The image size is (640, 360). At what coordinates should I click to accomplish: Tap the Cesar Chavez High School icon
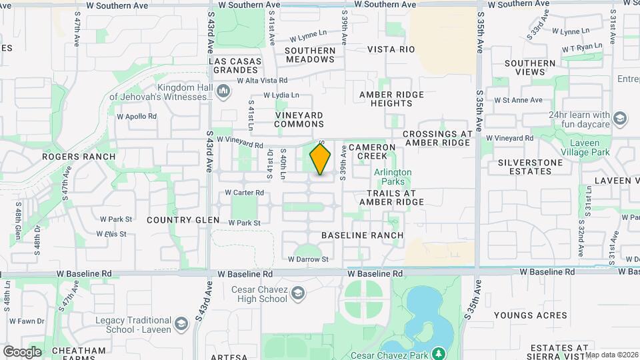(298, 293)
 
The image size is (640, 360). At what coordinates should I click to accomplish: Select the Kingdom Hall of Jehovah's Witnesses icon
(224, 90)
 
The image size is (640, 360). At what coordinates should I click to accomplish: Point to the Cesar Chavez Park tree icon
(438, 353)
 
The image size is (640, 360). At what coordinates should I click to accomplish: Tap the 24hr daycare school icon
(620, 119)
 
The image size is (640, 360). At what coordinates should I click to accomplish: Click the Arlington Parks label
(393, 177)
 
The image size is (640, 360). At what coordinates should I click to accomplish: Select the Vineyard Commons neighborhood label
(299, 119)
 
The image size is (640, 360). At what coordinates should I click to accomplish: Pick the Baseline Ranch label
(362, 235)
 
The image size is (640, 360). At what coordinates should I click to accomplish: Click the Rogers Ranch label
(79, 157)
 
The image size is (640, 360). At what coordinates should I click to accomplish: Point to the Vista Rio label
(391, 49)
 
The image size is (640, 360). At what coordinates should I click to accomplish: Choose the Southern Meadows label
(311, 55)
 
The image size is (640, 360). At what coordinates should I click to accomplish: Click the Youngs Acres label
(530, 315)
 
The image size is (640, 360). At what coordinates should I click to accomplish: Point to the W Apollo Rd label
(137, 116)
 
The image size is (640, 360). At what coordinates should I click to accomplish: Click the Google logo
(22, 351)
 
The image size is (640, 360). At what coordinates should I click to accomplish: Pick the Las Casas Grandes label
(233, 65)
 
